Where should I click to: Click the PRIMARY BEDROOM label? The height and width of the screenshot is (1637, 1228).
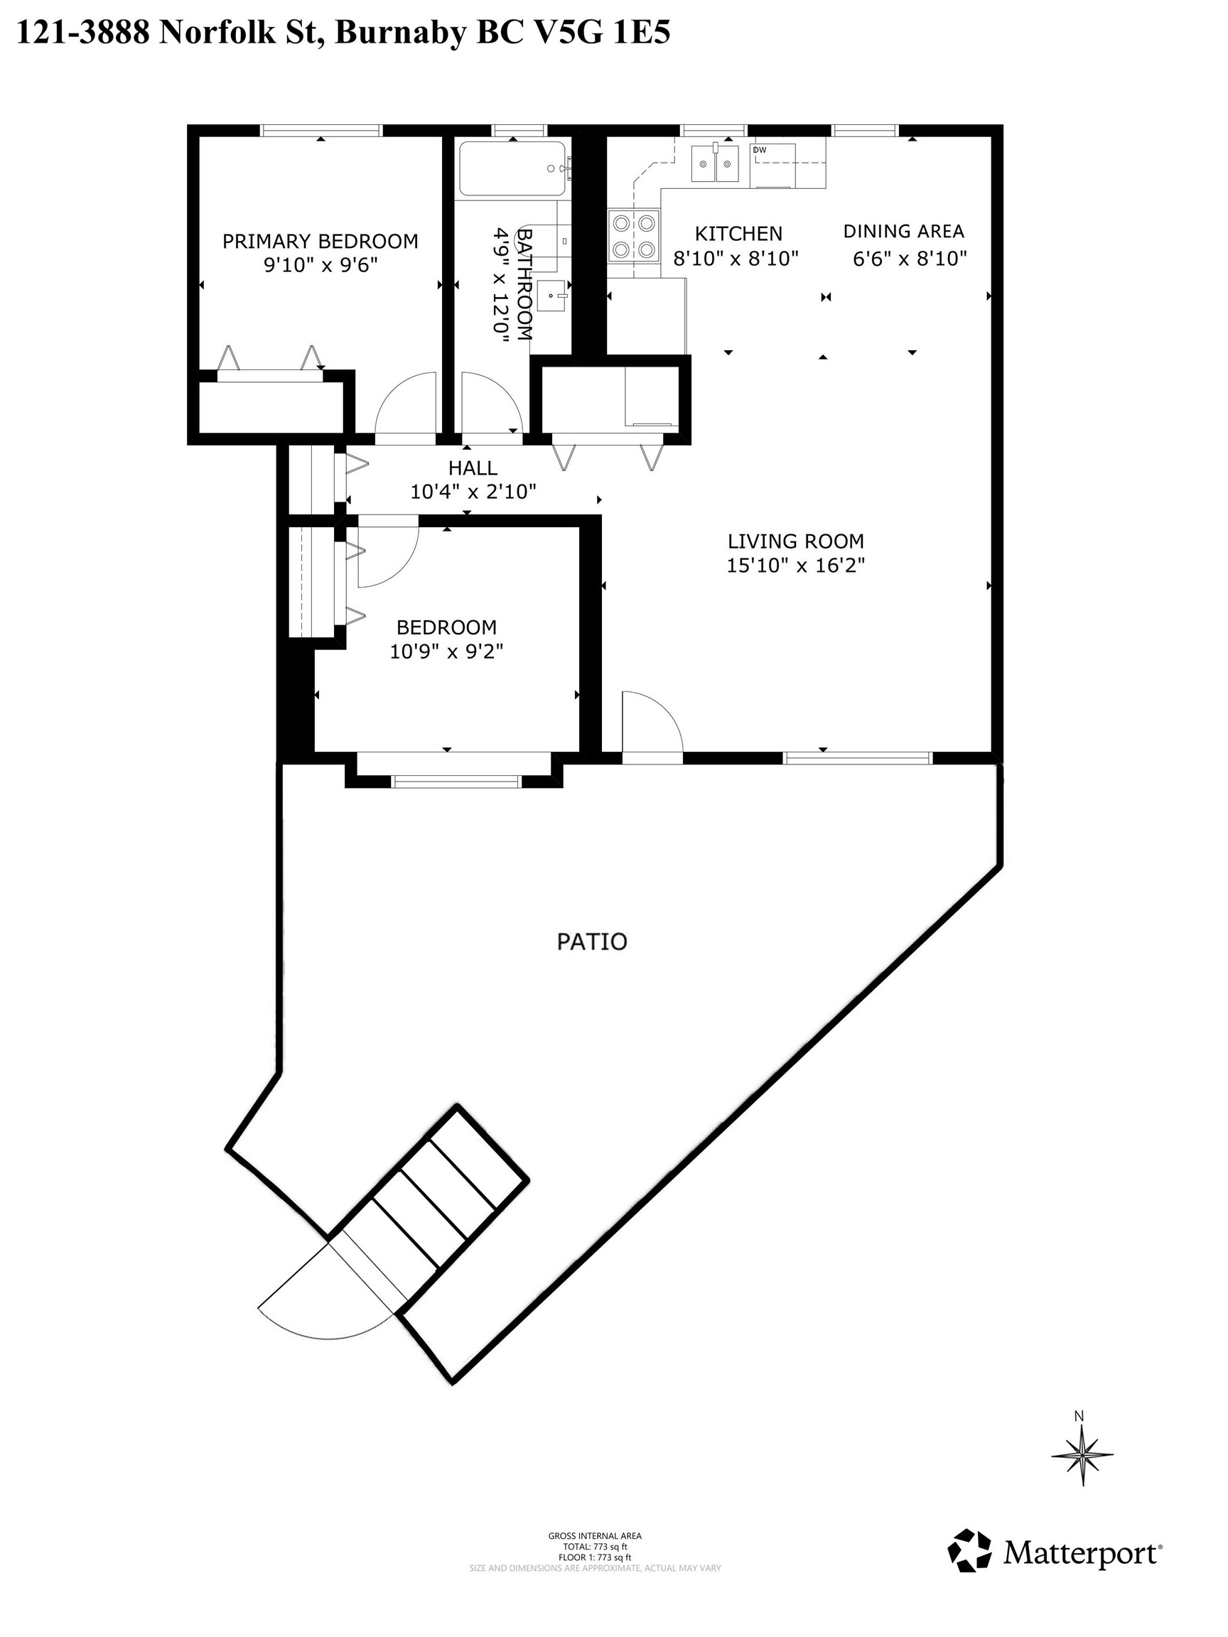click(320, 242)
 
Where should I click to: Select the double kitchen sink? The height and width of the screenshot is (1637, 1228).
click(715, 163)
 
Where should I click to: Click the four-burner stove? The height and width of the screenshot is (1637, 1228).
click(634, 235)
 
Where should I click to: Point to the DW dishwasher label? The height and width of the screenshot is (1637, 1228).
click(760, 150)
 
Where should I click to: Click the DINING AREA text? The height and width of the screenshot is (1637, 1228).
click(903, 232)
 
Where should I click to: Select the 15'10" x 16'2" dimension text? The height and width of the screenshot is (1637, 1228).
click(796, 566)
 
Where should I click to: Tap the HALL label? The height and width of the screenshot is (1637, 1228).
click(473, 468)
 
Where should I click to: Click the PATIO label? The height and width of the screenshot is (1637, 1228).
click(591, 942)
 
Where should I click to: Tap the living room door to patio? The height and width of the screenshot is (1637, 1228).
click(652, 725)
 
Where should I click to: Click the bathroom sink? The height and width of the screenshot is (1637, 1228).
click(552, 297)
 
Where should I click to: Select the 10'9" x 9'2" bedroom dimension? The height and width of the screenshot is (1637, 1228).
click(446, 652)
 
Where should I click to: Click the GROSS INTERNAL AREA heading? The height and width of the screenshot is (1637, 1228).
click(594, 1535)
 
